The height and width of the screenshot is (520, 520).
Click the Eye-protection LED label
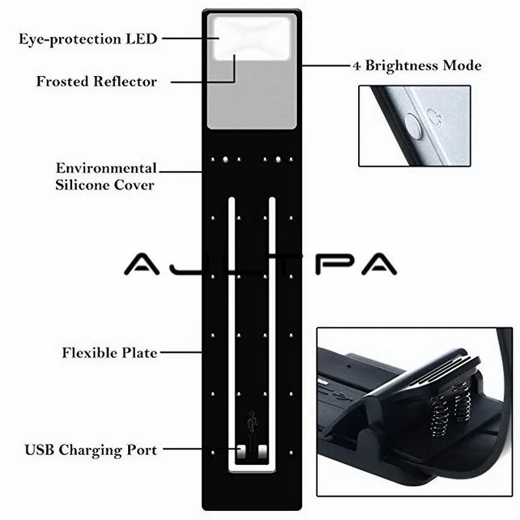pyautogui.click(x=88, y=39)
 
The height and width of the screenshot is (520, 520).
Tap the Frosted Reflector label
pyautogui.click(x=96, y=82)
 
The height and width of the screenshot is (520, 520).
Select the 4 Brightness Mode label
pyautogui.click(x=417, y=66)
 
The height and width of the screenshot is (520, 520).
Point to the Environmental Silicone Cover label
pyautogui.click(x=105, y=176)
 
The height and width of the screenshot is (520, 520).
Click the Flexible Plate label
pyautogui.click(x=109, y=353)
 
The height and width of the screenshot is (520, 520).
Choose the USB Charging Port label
pyautogui.click(x=90, y=450)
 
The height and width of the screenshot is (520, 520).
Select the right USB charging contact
pyautogui.click(x=262, y=450)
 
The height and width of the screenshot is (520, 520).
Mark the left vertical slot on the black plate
pyautogui.click(x=230, y=325)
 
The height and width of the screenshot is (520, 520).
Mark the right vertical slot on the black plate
pyautogui.click(x=272, y=325)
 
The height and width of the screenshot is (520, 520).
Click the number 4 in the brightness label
pyautogui.click(x=356, y=66)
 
